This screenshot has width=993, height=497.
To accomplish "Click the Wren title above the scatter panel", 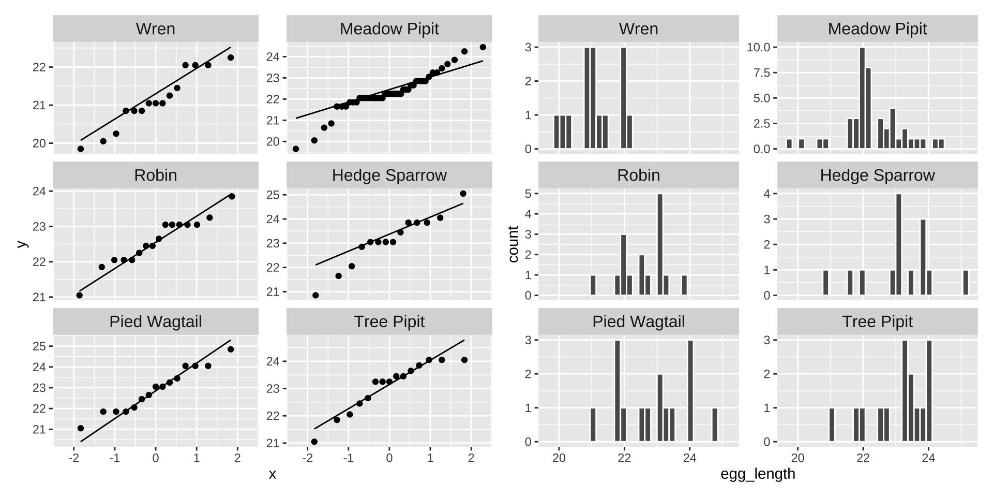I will [155, 29].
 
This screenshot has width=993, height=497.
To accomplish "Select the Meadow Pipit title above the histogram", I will [877, 29].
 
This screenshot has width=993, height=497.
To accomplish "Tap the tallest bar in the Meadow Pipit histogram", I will [862, 98].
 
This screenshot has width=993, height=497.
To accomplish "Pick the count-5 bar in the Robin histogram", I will [660, 244].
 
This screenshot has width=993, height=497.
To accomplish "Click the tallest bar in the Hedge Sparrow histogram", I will [899, 244].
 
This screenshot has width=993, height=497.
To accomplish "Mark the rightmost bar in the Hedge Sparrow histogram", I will [965, 283].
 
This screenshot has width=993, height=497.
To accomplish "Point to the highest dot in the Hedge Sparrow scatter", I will [463, 194].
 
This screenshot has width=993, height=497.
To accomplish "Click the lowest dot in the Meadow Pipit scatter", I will [296, 149].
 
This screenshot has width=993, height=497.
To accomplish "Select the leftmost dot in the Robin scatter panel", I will [79, 295].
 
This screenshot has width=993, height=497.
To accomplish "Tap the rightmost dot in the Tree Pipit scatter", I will [464, 360].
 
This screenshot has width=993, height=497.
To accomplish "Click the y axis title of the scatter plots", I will [21, 244].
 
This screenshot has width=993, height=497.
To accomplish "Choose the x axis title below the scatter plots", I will [273, 474].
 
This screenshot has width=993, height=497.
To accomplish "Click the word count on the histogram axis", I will [513, 244].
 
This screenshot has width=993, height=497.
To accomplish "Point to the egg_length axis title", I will [758, 474].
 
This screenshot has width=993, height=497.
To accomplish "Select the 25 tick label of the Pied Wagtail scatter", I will [40, 346].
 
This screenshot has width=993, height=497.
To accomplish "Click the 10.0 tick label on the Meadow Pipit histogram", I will [759, 48].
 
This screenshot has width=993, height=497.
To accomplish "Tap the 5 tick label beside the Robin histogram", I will [528, 194].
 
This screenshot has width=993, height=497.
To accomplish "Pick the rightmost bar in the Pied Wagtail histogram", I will [715, 425].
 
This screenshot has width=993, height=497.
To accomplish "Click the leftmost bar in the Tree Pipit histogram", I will [832, 425].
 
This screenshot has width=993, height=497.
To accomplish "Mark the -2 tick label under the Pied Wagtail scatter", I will [73, 458].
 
